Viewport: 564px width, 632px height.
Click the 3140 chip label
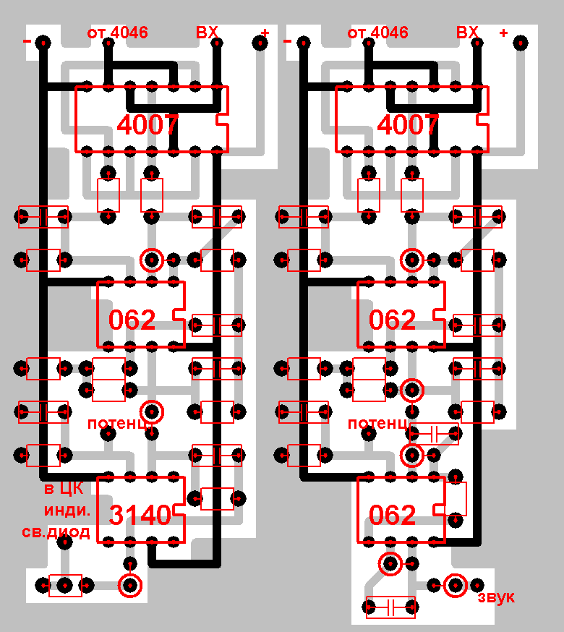click(140, 515)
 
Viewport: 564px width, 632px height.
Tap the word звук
click(495, 597)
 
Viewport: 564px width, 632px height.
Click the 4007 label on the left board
click(148, 126)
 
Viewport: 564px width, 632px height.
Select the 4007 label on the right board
click(408, 126)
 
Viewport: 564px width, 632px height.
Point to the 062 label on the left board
click(132, 320)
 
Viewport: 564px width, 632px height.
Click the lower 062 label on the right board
click(393, 515)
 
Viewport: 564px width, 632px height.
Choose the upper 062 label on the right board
click(393, 320)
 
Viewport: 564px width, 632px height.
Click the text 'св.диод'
click(57, 533)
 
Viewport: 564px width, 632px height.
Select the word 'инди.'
click(67, 511)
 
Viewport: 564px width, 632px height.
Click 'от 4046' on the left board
click(117, 33)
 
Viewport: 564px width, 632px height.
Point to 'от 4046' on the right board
click(377, 33)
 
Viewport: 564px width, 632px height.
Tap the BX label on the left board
click(207, 33)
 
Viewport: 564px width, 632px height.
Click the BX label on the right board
click(467, 33)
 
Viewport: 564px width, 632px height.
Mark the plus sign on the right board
click(503, 33)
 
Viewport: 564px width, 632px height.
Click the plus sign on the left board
click(265, 33)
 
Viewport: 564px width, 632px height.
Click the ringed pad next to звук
click(456, 585)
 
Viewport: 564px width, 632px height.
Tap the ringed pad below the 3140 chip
click(130, 585)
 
